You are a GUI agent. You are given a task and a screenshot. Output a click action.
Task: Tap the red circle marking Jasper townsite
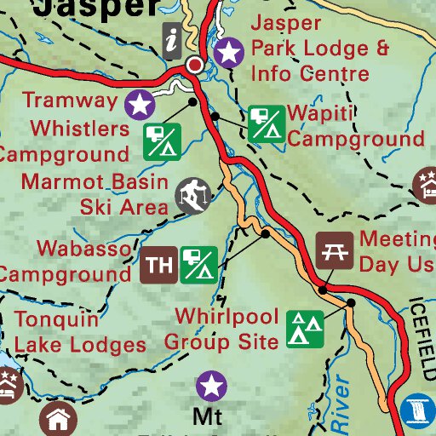pos(196,65)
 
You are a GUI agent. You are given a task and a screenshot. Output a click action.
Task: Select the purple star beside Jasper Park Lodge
pos(228,53)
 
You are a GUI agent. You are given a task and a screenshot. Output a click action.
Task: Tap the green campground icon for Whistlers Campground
pos(163,141)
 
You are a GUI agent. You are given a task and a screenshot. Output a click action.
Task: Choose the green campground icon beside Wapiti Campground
pos(266,123)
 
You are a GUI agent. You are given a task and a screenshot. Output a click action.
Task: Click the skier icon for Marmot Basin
pos(193,195)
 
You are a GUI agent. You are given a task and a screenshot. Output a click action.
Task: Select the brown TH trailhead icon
pos(158,265)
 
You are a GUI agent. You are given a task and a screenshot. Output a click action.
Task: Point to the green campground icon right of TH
pos(198,265)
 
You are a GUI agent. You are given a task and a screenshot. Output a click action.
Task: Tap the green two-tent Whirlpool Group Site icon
pos(304,329)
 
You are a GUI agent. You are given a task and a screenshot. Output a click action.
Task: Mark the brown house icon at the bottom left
pos(57,420)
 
